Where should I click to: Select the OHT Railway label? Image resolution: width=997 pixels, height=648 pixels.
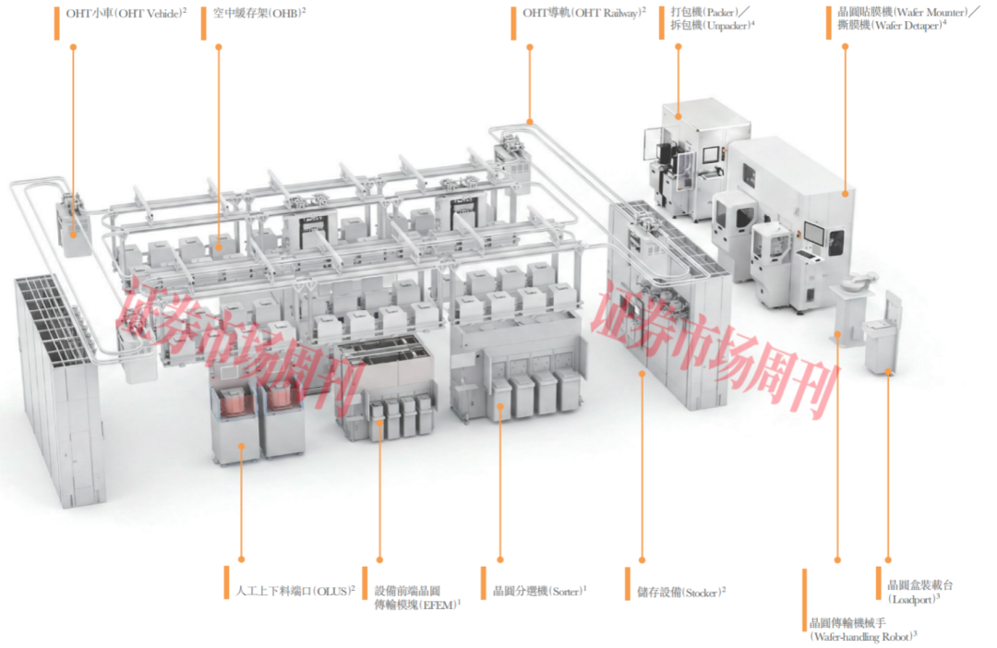coord(583,13)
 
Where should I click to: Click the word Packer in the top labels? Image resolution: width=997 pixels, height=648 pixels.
coord(721,12)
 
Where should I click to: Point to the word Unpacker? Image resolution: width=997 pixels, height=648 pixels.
coord(730,26)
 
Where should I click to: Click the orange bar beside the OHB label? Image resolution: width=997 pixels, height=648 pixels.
coord(203,23)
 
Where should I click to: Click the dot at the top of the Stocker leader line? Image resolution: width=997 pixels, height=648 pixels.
coord(643,374)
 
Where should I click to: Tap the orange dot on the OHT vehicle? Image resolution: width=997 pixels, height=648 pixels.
coord(73,235)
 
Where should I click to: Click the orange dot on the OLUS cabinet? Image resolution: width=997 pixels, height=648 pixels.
coord(242,447)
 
